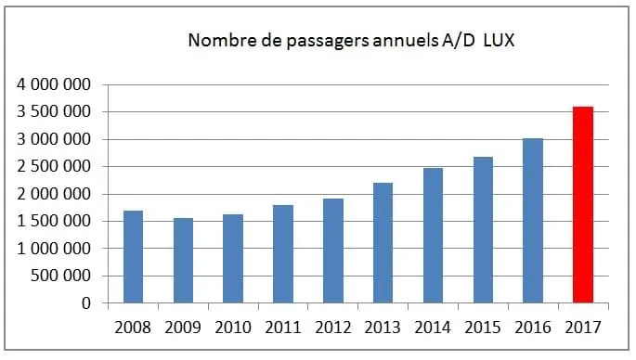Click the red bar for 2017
tap(582, 205)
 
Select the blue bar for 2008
tap(133, 257)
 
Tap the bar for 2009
tap(183, 261)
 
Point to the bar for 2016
tap(532, 221)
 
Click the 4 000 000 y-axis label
tap(54, 85)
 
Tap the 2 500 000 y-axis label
tap(54, 167)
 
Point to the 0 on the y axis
tap(85, 303)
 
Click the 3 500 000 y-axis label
tap(54, 112)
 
